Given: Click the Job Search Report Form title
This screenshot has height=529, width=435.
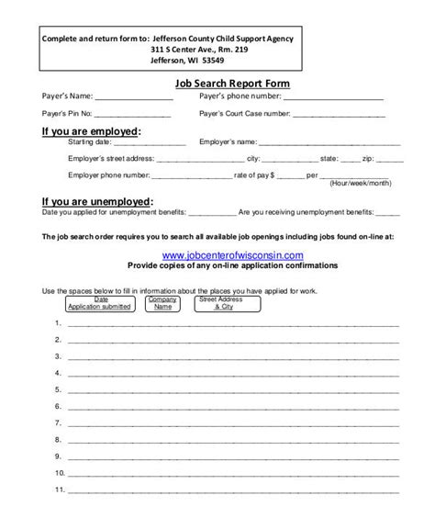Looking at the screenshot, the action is (232, 82).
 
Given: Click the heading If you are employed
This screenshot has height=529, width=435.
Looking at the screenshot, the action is (92, 131).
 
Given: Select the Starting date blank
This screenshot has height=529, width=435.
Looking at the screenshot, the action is (148, 145).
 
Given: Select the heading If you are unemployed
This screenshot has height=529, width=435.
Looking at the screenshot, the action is (97, 201).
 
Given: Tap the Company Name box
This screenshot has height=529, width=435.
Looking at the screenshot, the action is (162, 304).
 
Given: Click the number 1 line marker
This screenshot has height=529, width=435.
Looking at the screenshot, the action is (58, 324).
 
